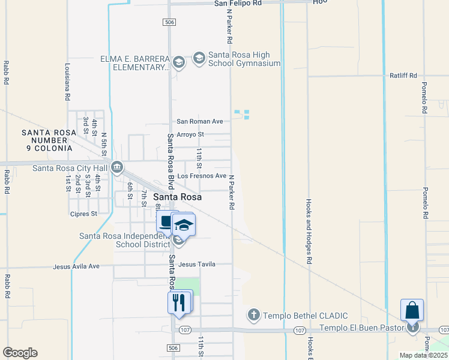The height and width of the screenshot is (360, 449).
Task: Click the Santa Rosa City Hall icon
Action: (x=117, y=167)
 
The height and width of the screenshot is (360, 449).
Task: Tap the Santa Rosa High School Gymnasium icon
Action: (x=198, y=58)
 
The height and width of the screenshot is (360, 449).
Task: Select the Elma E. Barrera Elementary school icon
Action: (x=178, y=62)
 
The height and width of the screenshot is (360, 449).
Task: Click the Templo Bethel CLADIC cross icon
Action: (x=253, y=315)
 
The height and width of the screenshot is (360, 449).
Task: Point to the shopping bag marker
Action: (x=412, y=310)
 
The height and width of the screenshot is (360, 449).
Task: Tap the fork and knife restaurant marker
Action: (x=178, y=302)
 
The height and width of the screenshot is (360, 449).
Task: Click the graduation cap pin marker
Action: (x=184, y=226)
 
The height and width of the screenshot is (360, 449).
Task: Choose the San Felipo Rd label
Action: (x=238, y=3)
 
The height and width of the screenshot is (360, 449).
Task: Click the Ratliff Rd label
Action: (x=403, y=76)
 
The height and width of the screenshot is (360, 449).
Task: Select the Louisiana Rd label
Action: (x=68, y=82)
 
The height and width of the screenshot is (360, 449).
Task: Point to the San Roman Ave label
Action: (x=200, y=121)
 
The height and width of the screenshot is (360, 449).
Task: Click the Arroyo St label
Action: (x=190, y=134)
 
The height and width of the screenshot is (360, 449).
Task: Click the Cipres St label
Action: (x=83, y=214)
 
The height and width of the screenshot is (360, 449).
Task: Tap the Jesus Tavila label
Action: (x=197, y=264)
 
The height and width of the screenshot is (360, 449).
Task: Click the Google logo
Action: (x=20, y=353)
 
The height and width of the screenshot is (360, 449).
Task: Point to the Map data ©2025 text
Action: (x=423, y=355)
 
